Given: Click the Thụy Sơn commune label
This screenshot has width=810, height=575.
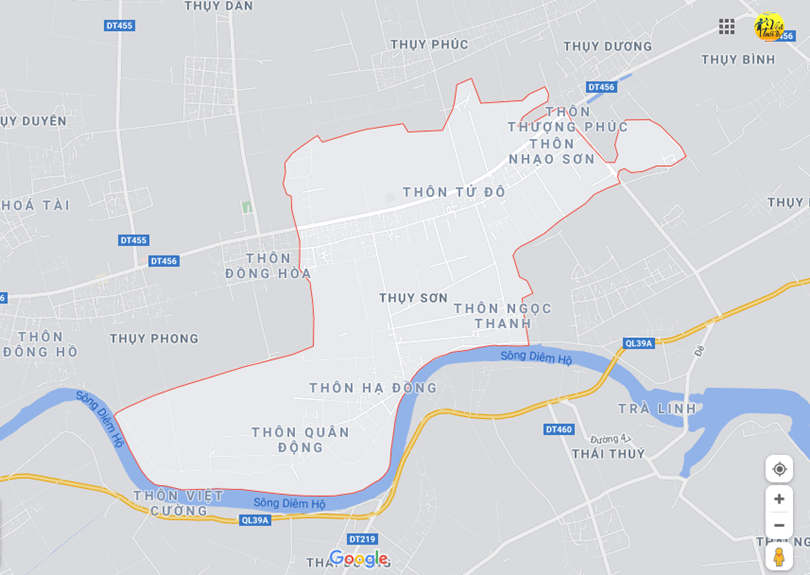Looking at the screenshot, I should pyautogui.click(x=413, y=298).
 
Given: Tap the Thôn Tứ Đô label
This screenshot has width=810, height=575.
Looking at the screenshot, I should pyautogui.click(x=454, y=192).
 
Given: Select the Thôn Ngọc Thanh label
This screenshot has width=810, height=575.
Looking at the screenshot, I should pyautogui.click(x=502, y=316).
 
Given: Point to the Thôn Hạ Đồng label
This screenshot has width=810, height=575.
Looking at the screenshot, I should pyautogui.click(x=373, y=388).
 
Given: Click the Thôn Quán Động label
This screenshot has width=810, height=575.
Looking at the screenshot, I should pyautogui.click(x=300, y=440).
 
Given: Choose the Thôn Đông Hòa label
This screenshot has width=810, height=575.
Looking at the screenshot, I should pyautogui.click(x=268, y=266).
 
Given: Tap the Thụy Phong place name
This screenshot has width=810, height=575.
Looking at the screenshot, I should pyautogui.click(x=154, y=339).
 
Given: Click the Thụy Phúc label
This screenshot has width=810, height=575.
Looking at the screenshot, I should pyautogui.click(x=429, y=44).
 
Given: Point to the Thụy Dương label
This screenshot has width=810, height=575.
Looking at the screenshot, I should pyautogui.click(x=607, y=46).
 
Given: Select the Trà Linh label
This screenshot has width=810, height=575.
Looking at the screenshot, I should pyautogui.click(x=656, y=409).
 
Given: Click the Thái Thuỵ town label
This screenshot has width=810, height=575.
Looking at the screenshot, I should pyautogui.click(x=608, y=454).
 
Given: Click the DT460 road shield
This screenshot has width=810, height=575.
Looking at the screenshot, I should pyautogui.click(x=559, y=430).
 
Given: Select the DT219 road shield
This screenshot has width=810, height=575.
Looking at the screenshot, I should pyautogui.click(x=363, y=539).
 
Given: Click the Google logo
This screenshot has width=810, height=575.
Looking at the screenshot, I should pyautogui.click(x=358, y=559).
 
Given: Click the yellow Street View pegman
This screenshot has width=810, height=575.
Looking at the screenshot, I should pyautogui.click(x=779, y=557).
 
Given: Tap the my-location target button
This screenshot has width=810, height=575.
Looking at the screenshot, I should pyautogui.click(x=779, y=469).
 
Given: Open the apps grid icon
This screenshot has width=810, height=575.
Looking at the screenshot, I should pyautogui.click(x=727, y=27).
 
